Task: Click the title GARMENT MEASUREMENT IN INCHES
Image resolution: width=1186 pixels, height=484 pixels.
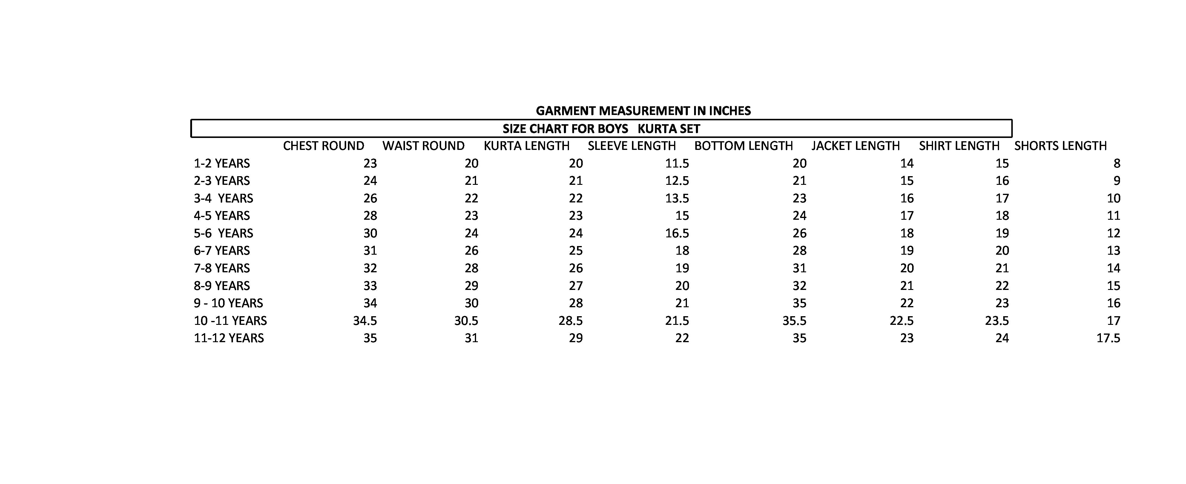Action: [643, 111]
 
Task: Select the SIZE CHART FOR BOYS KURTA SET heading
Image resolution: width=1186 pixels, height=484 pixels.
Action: [601, 129]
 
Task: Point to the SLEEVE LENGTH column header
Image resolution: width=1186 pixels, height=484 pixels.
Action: [632, 146]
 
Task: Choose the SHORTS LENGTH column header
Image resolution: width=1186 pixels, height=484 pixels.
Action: [1060, 146]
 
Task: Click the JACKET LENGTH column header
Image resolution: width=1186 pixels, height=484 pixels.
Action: [855, 146]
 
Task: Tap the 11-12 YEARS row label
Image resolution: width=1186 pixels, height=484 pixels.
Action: [228, 338]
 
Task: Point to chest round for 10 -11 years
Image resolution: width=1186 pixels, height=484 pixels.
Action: [365, 321]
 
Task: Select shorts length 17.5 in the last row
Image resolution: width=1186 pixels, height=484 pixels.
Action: [1108, 338]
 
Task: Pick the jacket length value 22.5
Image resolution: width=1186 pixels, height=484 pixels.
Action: [901, 321]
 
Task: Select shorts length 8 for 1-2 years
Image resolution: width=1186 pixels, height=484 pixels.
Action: [1116, 163]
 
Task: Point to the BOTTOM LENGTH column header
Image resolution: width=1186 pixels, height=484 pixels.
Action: [744, 146]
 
